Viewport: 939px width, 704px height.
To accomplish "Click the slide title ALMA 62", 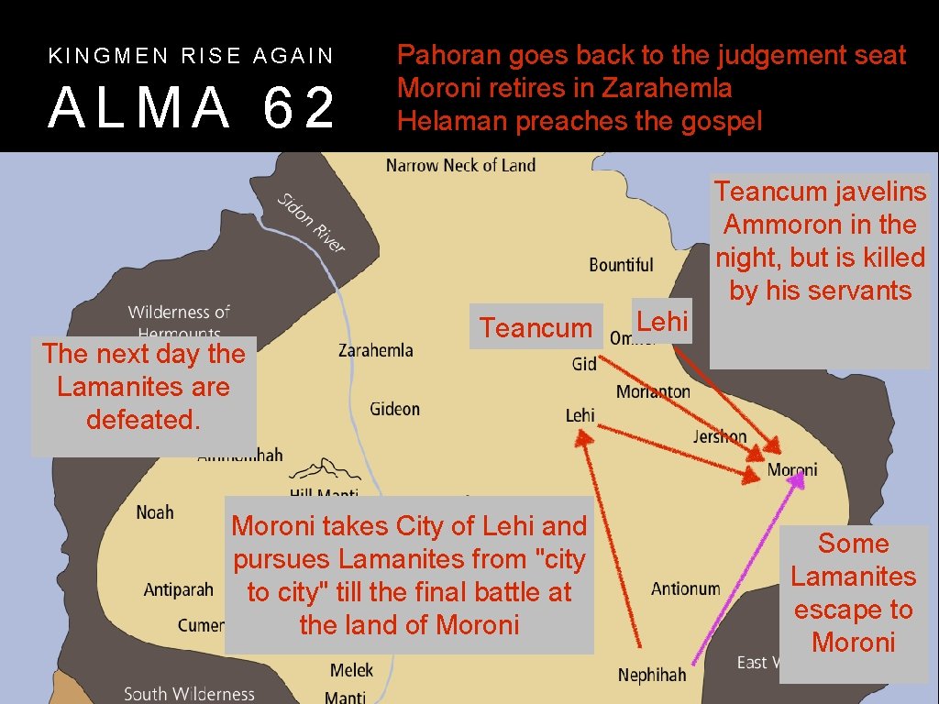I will (192, 107).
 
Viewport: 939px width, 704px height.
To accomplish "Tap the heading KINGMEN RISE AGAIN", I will (191, 56).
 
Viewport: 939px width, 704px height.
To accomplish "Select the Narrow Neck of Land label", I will (460, 166).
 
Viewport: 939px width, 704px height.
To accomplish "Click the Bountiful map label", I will (621, 265).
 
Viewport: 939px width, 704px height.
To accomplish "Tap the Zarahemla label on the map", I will (375, 350).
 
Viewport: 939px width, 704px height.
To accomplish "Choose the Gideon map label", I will (394, 409).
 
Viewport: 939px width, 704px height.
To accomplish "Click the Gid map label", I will (584, 364).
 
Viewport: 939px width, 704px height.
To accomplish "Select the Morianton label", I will (653, 391).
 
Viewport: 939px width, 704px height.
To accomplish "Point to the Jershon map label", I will (720, 436).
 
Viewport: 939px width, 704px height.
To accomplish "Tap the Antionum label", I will (685, 588).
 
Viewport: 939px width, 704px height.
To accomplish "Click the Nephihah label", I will (651, 676).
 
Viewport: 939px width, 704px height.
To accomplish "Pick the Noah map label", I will (154, 511).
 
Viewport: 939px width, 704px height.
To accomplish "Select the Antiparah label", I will (178, 589).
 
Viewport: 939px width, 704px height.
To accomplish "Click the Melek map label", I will (351, 671).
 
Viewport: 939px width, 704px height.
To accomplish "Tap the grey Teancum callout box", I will (536, 327).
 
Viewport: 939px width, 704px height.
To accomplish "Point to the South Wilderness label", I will (189, 694).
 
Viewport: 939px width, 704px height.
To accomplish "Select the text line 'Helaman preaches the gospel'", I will (579, 122).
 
